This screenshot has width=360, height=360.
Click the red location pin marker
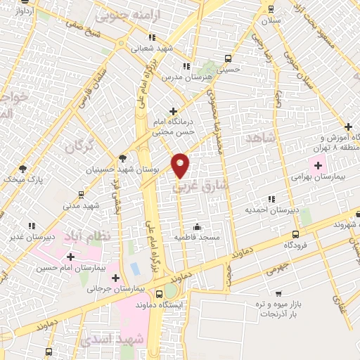point(181,165)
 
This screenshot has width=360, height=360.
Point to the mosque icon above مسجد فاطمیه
point(197,226)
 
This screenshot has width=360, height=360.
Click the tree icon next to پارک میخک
point(22,168)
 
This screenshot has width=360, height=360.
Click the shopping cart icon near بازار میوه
point(279,294)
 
